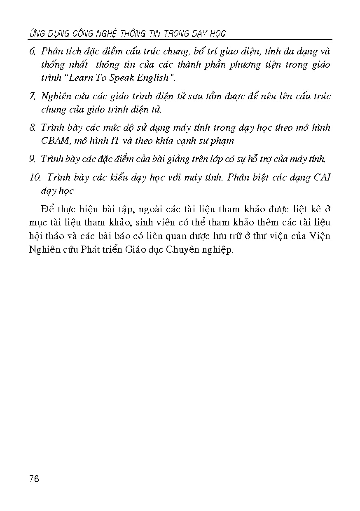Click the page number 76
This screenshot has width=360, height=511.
coord(34,478)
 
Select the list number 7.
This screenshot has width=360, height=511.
coord(33,97)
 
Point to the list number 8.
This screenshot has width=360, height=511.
coord(33,128)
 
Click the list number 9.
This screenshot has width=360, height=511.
coord(33,159)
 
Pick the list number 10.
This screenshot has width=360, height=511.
coord(35,178)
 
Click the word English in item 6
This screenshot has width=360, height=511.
coord(150,78)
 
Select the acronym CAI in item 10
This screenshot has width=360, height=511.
coord(322,178)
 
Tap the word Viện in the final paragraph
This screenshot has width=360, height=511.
coord(320,237)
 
